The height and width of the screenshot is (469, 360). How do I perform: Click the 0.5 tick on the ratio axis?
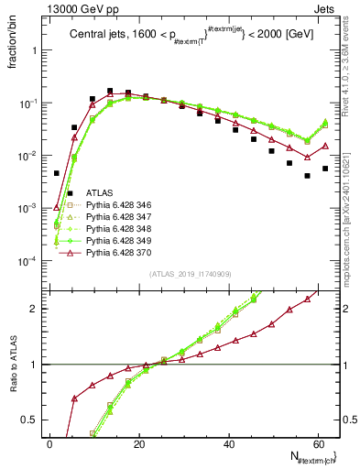tap(32, 420)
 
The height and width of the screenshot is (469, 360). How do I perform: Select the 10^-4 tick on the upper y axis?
tap(27, 261)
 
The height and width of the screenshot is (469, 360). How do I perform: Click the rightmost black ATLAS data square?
tap(325, 169)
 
